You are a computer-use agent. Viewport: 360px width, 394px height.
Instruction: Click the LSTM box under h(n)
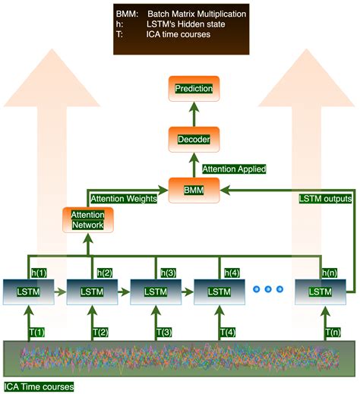[x=323, y=291]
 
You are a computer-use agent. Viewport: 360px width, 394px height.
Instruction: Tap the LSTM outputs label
[x=326, y=199]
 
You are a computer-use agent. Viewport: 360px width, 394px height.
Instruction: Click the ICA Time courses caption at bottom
[x=39, y=386]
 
